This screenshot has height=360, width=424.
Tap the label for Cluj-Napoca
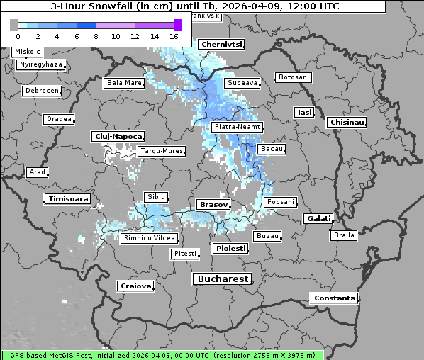(x=118, y=136)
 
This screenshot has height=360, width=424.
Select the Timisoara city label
(x=68, y=199)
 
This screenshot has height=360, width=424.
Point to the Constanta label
(x=334, y=298)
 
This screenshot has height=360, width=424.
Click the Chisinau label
(x=347, y=123)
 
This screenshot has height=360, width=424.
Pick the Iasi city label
(x=304, y=112)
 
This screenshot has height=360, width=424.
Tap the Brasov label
(x=213, y=204)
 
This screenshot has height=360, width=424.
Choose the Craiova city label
(x=135, y=286)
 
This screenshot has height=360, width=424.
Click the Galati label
(x=318, y=219)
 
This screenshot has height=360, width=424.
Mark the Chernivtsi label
(x=221, y=45)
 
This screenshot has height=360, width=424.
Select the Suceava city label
(x=242, y=83)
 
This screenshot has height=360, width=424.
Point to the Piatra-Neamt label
(x=237, y=127)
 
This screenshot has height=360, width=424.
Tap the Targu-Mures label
(x=162, y=151)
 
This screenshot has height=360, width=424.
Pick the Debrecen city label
(x=40, y=91)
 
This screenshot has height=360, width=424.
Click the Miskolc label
(x=28, y=52)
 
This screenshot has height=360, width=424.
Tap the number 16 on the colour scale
(x=174, y=37)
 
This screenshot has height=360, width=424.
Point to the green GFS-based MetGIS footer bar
(x=162, y=355)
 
